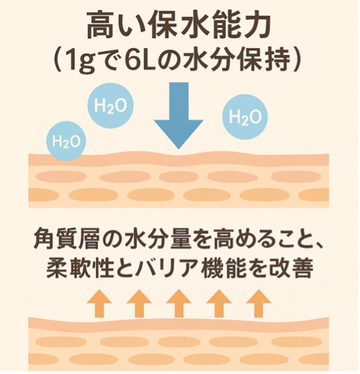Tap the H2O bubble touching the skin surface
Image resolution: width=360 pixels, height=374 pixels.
coord(66,141)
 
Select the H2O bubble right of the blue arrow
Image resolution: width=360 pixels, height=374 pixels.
coord(245,116)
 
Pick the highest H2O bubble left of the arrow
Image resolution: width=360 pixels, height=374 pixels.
coord(110,105)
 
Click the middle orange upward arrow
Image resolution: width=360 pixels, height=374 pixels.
coord(179,303)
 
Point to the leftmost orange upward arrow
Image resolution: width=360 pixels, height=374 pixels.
coord(99,303)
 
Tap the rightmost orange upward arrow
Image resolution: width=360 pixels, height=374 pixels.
coord(259,303)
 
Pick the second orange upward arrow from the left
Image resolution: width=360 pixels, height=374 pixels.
coord(139,303)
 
